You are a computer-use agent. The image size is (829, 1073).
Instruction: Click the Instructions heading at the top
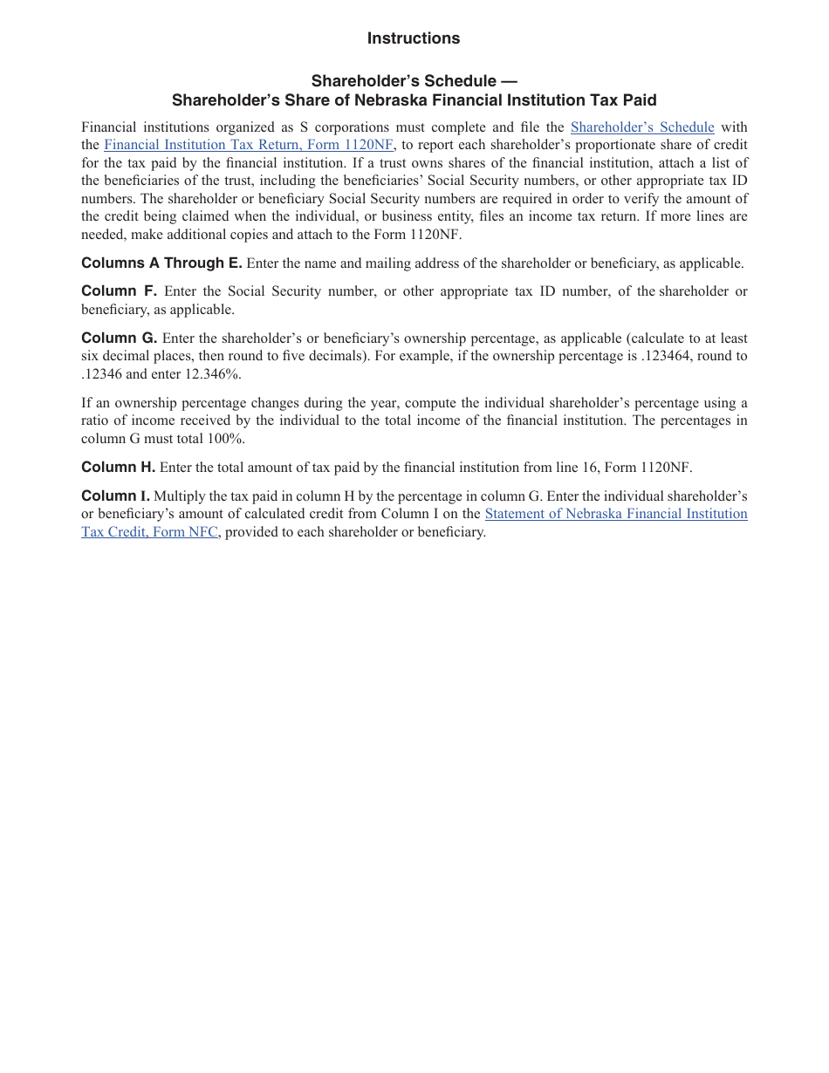tap(413, 38)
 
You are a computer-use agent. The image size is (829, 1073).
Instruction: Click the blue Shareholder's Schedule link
tap(641, 127)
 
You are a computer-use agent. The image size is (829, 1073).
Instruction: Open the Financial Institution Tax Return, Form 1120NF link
tap(248, 145)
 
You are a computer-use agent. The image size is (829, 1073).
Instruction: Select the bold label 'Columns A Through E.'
tap(161, 263)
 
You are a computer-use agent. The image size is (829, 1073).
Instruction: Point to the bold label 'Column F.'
tap(119, 291)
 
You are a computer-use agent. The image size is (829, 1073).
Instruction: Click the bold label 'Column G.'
tap(119, 338)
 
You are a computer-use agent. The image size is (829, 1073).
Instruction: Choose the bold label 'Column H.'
tap(118, 468)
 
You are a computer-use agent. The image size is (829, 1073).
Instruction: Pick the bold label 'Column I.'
tap(115, 496)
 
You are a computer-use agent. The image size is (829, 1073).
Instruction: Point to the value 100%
tap(226, 439)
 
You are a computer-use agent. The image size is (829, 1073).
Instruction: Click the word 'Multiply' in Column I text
tap(180, 496)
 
